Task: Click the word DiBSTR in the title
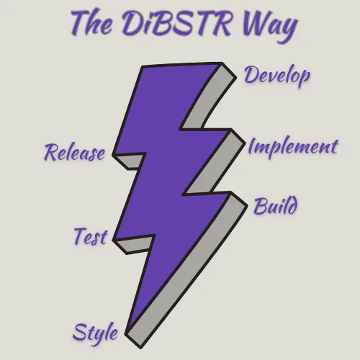[176, 24]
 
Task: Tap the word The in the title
[91, 23]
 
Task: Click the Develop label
[277, 76]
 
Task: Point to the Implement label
[293, 148]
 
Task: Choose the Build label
[276, 206]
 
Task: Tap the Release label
[75, 153]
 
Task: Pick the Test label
[91, 236]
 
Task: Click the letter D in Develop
[251, 74]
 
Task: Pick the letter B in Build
[261, 206]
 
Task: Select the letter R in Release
[52, 153]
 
